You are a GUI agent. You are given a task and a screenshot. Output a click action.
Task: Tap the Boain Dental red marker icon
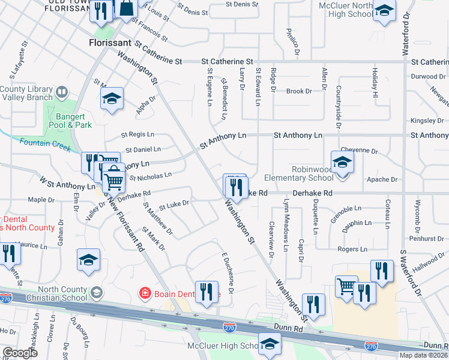click(145, 293)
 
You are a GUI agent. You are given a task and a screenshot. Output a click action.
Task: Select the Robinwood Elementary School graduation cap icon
click(342, 162)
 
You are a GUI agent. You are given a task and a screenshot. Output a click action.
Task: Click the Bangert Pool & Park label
click(74, 121)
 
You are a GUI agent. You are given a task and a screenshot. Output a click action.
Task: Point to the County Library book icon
click(61, 93)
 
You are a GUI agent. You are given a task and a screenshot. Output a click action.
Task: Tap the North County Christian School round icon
click(96, 292)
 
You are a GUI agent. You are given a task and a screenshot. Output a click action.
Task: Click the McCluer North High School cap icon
click(384, 11)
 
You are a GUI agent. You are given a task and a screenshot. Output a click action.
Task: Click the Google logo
click(20, 353)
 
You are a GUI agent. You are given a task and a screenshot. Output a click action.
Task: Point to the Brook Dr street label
click(299, 91)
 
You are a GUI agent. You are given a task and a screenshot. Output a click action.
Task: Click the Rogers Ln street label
click(352, 249)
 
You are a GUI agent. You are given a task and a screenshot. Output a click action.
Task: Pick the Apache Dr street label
click(379, 179)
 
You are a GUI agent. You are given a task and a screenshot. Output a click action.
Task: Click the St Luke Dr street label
click(174, 204)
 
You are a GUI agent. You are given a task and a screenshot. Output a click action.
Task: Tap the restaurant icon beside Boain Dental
click(206, 292)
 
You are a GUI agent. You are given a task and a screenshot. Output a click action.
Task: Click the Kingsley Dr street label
click(427, 121)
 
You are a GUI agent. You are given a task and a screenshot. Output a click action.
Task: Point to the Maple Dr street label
click(41, 200)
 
